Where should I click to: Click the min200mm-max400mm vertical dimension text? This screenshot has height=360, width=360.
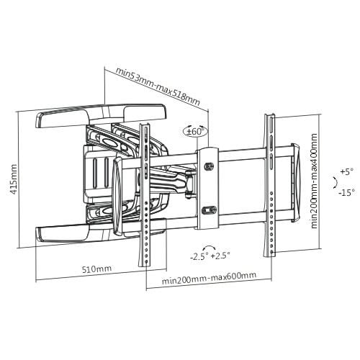pyautogui.click(x=315, y=182)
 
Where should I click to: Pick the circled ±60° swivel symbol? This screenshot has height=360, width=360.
pyautogui.click(x=194, y=131)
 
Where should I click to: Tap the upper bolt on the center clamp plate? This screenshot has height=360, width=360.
pyautogui.click(x=210, y=166)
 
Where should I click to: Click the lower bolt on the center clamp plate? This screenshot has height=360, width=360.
pyautogui.click(x=210, y=210)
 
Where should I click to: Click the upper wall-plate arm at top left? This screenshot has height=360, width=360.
pyautogui.click(x=101, y=113)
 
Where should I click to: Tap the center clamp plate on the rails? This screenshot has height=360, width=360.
pyautogui.click(x=210, y=187)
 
